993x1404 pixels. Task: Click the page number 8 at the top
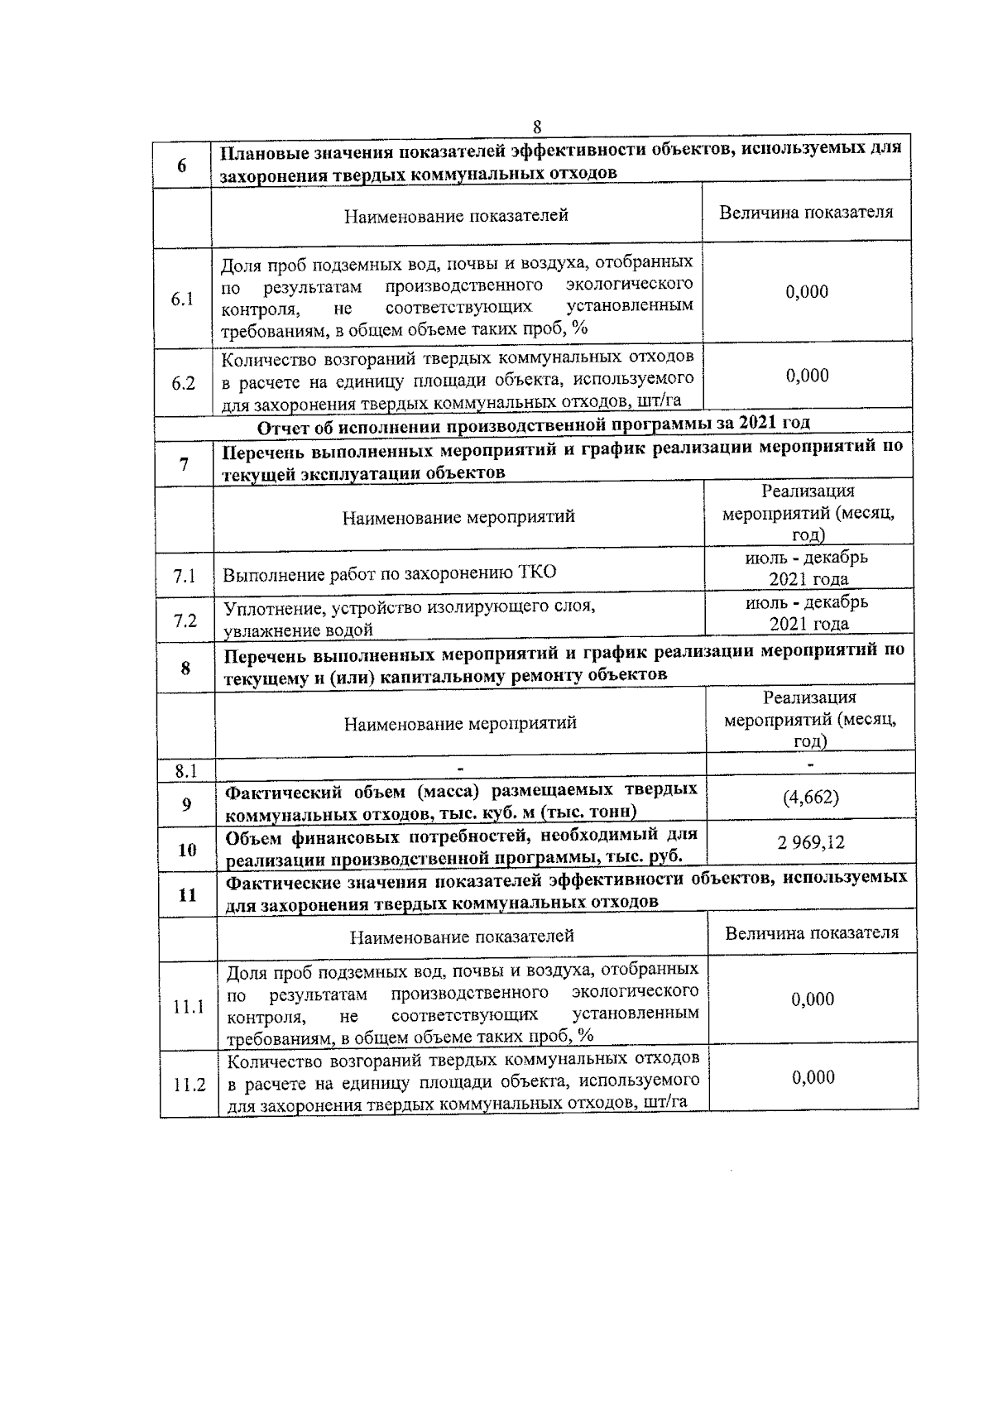point(537,127)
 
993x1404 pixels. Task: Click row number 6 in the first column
point(181,165)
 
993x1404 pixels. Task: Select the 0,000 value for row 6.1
point(807,292)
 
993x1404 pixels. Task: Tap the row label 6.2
point(183,383)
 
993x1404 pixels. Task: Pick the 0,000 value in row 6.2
point(808,376)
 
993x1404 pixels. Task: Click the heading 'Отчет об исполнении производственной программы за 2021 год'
point(534,424)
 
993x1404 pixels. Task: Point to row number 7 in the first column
point(184,465)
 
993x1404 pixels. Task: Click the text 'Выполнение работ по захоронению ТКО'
point(390,573)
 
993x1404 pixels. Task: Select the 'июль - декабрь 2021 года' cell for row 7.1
point(808,568)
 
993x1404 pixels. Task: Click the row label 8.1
point(186,771)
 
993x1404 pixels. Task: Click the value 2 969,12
point(811,843)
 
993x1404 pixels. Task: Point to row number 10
point(188,850)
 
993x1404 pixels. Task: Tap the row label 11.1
point(189,1007)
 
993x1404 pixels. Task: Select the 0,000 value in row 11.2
point(813,1077)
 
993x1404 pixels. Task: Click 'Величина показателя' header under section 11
point(812,933)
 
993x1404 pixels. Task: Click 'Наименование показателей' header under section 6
point(457,216)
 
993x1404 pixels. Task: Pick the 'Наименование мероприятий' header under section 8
point(460,723)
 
